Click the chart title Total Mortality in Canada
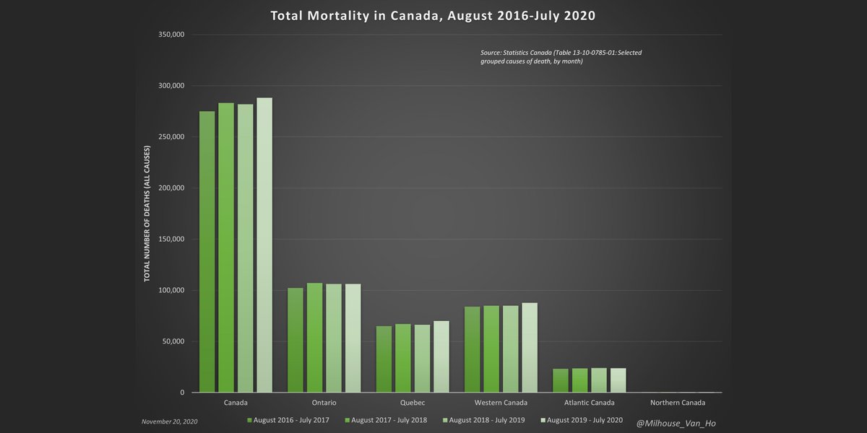pos(433,15)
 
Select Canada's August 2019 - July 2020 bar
pos(264,245)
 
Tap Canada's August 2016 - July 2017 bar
pos(207,252)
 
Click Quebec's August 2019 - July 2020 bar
pos(441,357)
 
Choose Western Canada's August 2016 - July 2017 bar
pos(472,349)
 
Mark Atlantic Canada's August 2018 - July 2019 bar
pos(599,380)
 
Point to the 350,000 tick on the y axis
pos(171,35)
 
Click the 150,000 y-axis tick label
pos(171,240)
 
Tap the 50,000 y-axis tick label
pos(173,342)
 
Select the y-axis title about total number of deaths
pos(147,214)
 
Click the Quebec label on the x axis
pos(412,403)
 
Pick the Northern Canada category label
pos(677,403)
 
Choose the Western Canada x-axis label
pos(501,403)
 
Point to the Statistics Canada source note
pos(561,57)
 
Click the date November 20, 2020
pos(169,421)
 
